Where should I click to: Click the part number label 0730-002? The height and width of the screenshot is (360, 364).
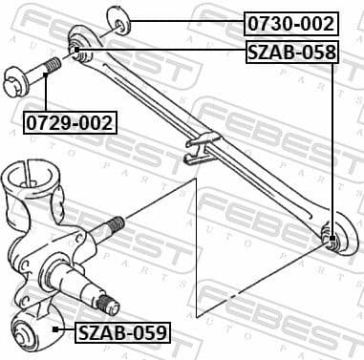(x=292, y=22)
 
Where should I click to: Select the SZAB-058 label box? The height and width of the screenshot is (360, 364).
(x=292, y=53)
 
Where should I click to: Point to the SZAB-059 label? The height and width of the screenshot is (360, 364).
(x=121, y=332)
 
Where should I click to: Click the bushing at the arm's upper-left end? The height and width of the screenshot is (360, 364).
(x=75, y=43)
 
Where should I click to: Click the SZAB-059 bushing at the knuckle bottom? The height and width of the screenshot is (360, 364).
(x=30, y=332)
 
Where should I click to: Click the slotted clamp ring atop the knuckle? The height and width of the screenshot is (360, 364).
(x=28, y=181)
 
